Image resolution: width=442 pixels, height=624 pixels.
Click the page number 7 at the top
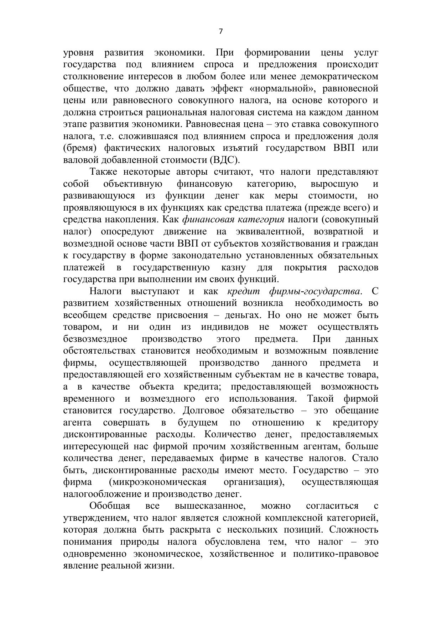(x=220, y=32)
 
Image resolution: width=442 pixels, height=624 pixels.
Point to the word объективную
(x=132, y=184)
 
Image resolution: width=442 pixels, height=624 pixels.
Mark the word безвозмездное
(x=95, y=339)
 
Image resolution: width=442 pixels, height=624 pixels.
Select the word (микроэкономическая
(x=158, y=482)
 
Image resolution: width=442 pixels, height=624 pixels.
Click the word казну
(x=233, y=268)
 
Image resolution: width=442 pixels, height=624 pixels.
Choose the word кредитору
(x=355, y=423)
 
